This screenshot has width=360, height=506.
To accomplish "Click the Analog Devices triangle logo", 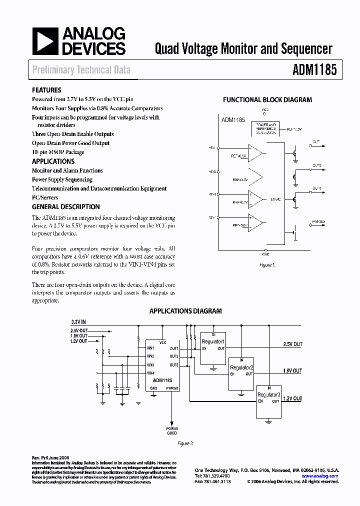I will (x=45, y=41).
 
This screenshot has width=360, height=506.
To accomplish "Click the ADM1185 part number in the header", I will (x=314, y=69).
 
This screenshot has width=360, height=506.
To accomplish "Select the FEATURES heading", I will (x=46, y=90).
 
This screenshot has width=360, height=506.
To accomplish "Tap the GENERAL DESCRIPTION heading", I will (x=65, y=206).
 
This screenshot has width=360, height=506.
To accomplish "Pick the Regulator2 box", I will (x=241, y=373).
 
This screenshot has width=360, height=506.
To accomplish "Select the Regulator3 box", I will (x=268, y=401).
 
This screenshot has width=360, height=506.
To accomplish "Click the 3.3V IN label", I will (x=78, y=322).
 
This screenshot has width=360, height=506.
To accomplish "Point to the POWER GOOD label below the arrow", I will (x=172, y=431).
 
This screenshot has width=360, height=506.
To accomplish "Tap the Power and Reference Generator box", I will (x=265, y=128).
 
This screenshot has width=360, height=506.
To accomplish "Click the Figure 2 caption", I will (x=185, y=443).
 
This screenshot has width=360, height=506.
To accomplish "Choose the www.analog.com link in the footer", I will (x=327, y=476).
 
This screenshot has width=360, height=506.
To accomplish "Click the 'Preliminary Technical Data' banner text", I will (x=81, y=70).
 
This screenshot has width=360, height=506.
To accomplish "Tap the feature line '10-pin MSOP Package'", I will (x=58, y=152).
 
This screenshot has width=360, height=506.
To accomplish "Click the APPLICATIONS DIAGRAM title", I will (x=185, y=311).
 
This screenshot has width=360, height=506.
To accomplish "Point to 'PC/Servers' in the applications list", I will (x=45, y=197).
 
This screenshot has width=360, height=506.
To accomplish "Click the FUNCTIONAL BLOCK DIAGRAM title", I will (x=267, y=99).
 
